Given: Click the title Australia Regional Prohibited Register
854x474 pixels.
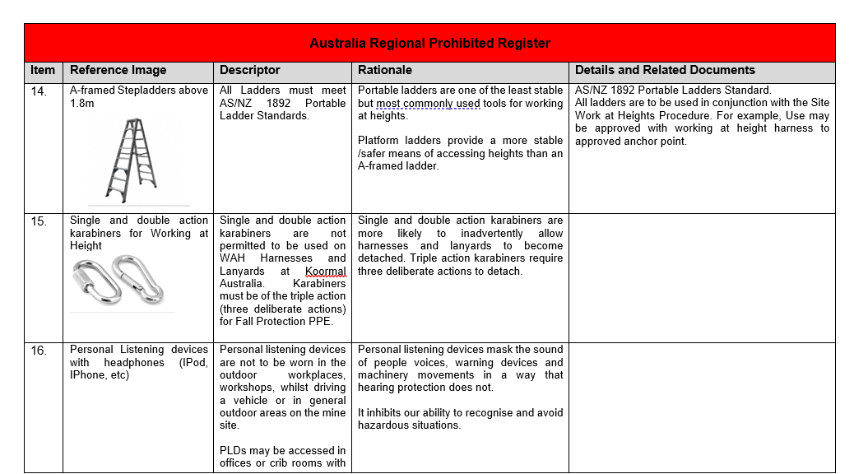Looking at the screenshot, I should pyautogui.click(x=429, y=43).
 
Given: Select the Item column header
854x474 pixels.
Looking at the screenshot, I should pyautogui.click(x=43, y=71).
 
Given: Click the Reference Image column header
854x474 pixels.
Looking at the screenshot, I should pyautogui.click(x=118, y=71).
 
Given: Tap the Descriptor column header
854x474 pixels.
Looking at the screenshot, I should pyautogui.click(x=250, y=71).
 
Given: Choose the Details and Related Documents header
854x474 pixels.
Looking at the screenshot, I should pyautogui.click(x=665, y=71).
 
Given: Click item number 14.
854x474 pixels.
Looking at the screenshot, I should pyautogui.click(x=39, y=91).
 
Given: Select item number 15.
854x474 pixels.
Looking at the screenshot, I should pyautogui.click(x=39, y=221).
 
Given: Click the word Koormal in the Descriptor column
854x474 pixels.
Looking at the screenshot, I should pyautogui.click(x=326, y=271).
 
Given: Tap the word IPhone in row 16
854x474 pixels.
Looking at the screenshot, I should pyautogui.click(x=88, y=375).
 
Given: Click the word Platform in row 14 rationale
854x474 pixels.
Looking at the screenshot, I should pyautogui.click(x=379, y=141).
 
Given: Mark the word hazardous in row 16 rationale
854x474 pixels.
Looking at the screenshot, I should pyautogui.click(x=384, y=425).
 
